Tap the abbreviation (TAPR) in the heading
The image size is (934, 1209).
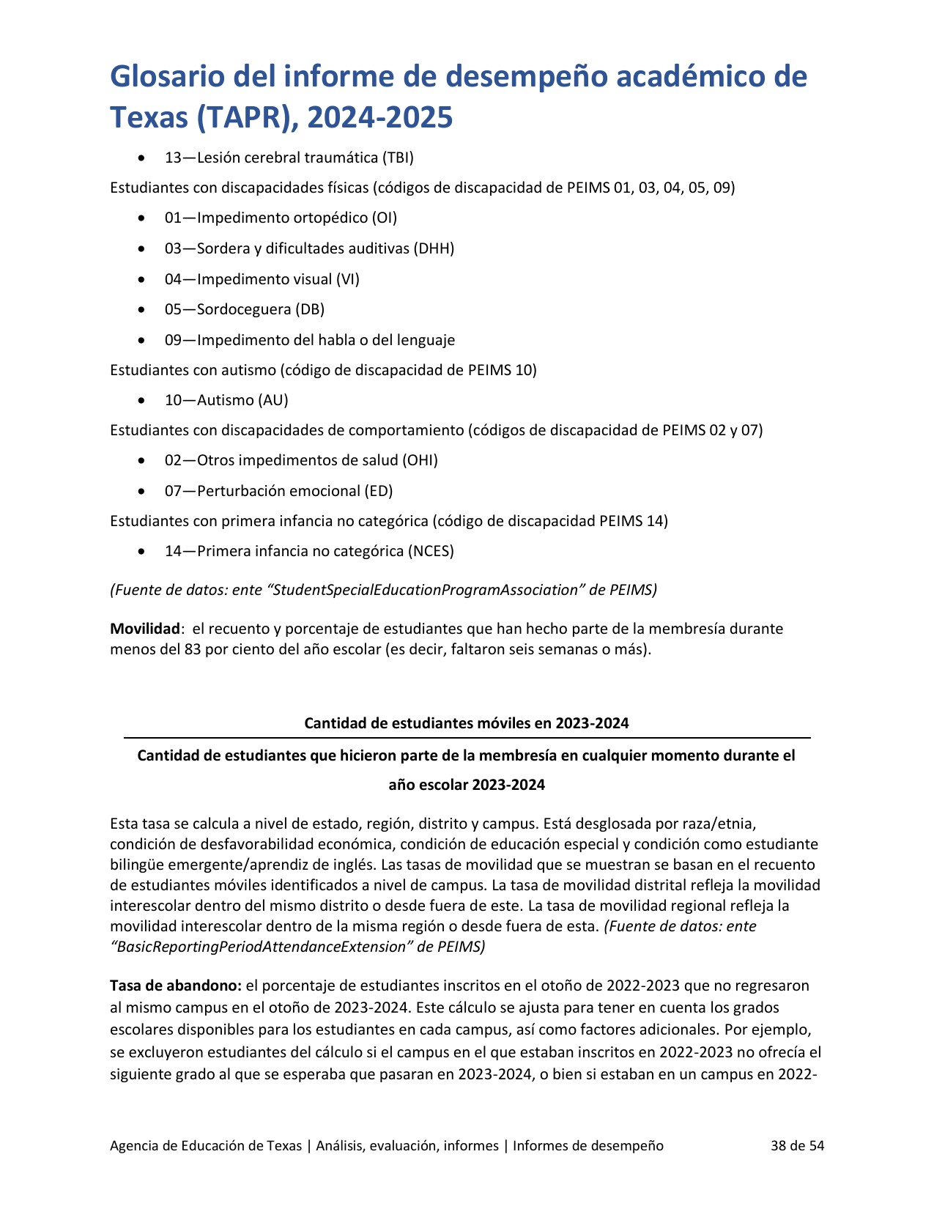coord(240,117)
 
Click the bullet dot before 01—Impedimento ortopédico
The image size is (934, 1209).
coord(141,218)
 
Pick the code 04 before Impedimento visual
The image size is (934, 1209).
coord(173,279)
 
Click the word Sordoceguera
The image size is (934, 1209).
coord(244,309)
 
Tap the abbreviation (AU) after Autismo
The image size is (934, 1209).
coord(273,400)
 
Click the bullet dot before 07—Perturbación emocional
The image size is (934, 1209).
coord(141,492)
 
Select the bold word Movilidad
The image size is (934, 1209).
coord(145,629)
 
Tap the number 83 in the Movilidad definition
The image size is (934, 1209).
coord(193,649)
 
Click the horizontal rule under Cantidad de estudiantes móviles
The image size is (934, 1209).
coord(467,738)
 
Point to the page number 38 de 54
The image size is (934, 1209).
coord(797,1145)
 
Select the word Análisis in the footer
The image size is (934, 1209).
coord(339,1145)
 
